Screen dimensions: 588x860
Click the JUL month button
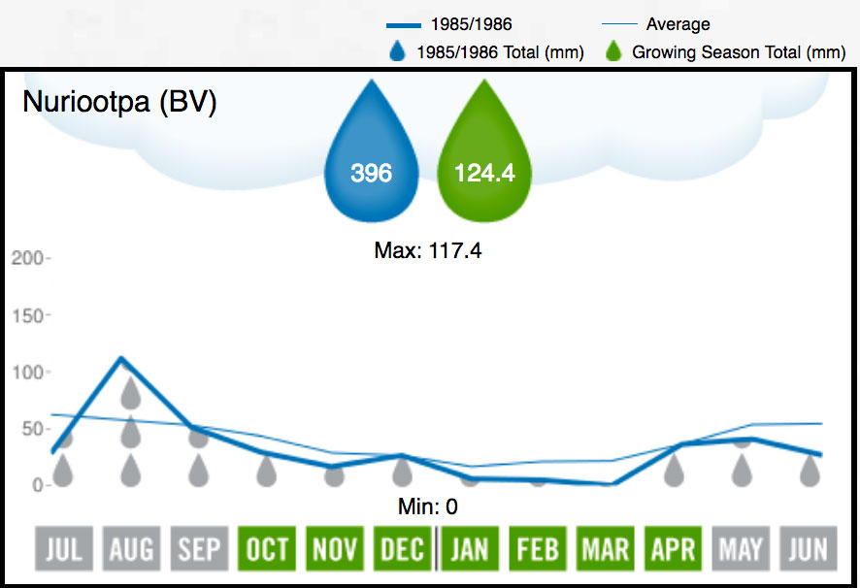pos(63,550)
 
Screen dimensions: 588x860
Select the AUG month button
pos(131,550)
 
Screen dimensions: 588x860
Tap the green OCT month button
pos(267,550)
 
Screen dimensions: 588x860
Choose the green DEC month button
pos(403,550)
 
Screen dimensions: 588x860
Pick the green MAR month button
pos(605,550)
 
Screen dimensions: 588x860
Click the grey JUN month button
pos(809,550)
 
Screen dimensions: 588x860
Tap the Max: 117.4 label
pos(428,251)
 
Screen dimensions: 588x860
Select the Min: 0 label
pos(428,506)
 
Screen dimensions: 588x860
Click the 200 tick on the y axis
pos(27,259)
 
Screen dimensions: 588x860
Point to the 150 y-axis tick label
pos(27,315)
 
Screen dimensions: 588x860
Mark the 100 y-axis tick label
pos(27,372)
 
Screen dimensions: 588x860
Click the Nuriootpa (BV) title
pos(119,102)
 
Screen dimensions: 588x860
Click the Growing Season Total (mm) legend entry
pos(739,52)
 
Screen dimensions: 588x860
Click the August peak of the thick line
pos(119,358)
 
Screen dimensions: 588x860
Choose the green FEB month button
pos(538,550)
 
